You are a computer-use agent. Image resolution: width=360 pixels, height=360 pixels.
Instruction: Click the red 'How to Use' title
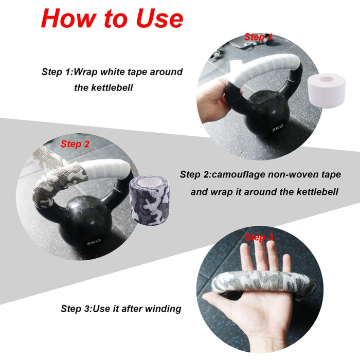112,19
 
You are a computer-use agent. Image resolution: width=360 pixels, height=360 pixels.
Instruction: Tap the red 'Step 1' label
258,37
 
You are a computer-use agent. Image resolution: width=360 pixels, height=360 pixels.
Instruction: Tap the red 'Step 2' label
75,144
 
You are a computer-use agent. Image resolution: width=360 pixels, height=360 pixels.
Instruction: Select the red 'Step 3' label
259,237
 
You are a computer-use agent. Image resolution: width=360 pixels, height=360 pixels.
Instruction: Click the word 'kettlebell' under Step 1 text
104,88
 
